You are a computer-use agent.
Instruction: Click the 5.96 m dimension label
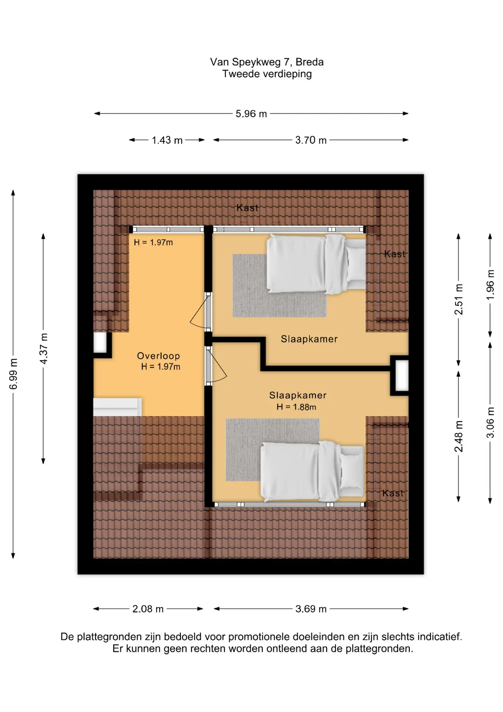pyautogui.click(x=251, y=113)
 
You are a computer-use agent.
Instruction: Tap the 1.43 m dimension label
pyautogui.click(x=167, y=140)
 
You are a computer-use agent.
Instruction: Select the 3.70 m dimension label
pyautogui.click(x=311, y=140)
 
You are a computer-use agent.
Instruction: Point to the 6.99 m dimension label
pyautogui.click(x=13, y=374)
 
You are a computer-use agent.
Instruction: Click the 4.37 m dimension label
pyautogui.click(x=44, y=349)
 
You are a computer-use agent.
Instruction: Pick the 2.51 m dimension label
pyautogui.click(x=459, y=299)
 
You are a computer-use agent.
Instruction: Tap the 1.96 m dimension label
pyautogui.click(x=490, y=285)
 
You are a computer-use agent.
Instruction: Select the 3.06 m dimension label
pyautogui.click(x=490, y=422)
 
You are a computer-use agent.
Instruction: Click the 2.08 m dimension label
pyautogui.click(x=148, y=609)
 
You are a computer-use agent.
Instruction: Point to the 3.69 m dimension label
pyautogui.click(x=311, y=609)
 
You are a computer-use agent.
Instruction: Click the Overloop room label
pyautogui.click(x=159, y=356)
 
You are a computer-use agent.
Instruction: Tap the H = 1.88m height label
pyautogui.click(x=296, y=407)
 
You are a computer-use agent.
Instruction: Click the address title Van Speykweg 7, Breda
pyautogui.click(x=267, y=62)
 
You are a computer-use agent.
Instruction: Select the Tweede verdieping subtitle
pyautogui.click(x=267, y=74)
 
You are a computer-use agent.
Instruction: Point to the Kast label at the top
pyautogui.click(x=247, y=208)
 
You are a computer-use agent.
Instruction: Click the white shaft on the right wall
pyautogui.click(x=402, y=375)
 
